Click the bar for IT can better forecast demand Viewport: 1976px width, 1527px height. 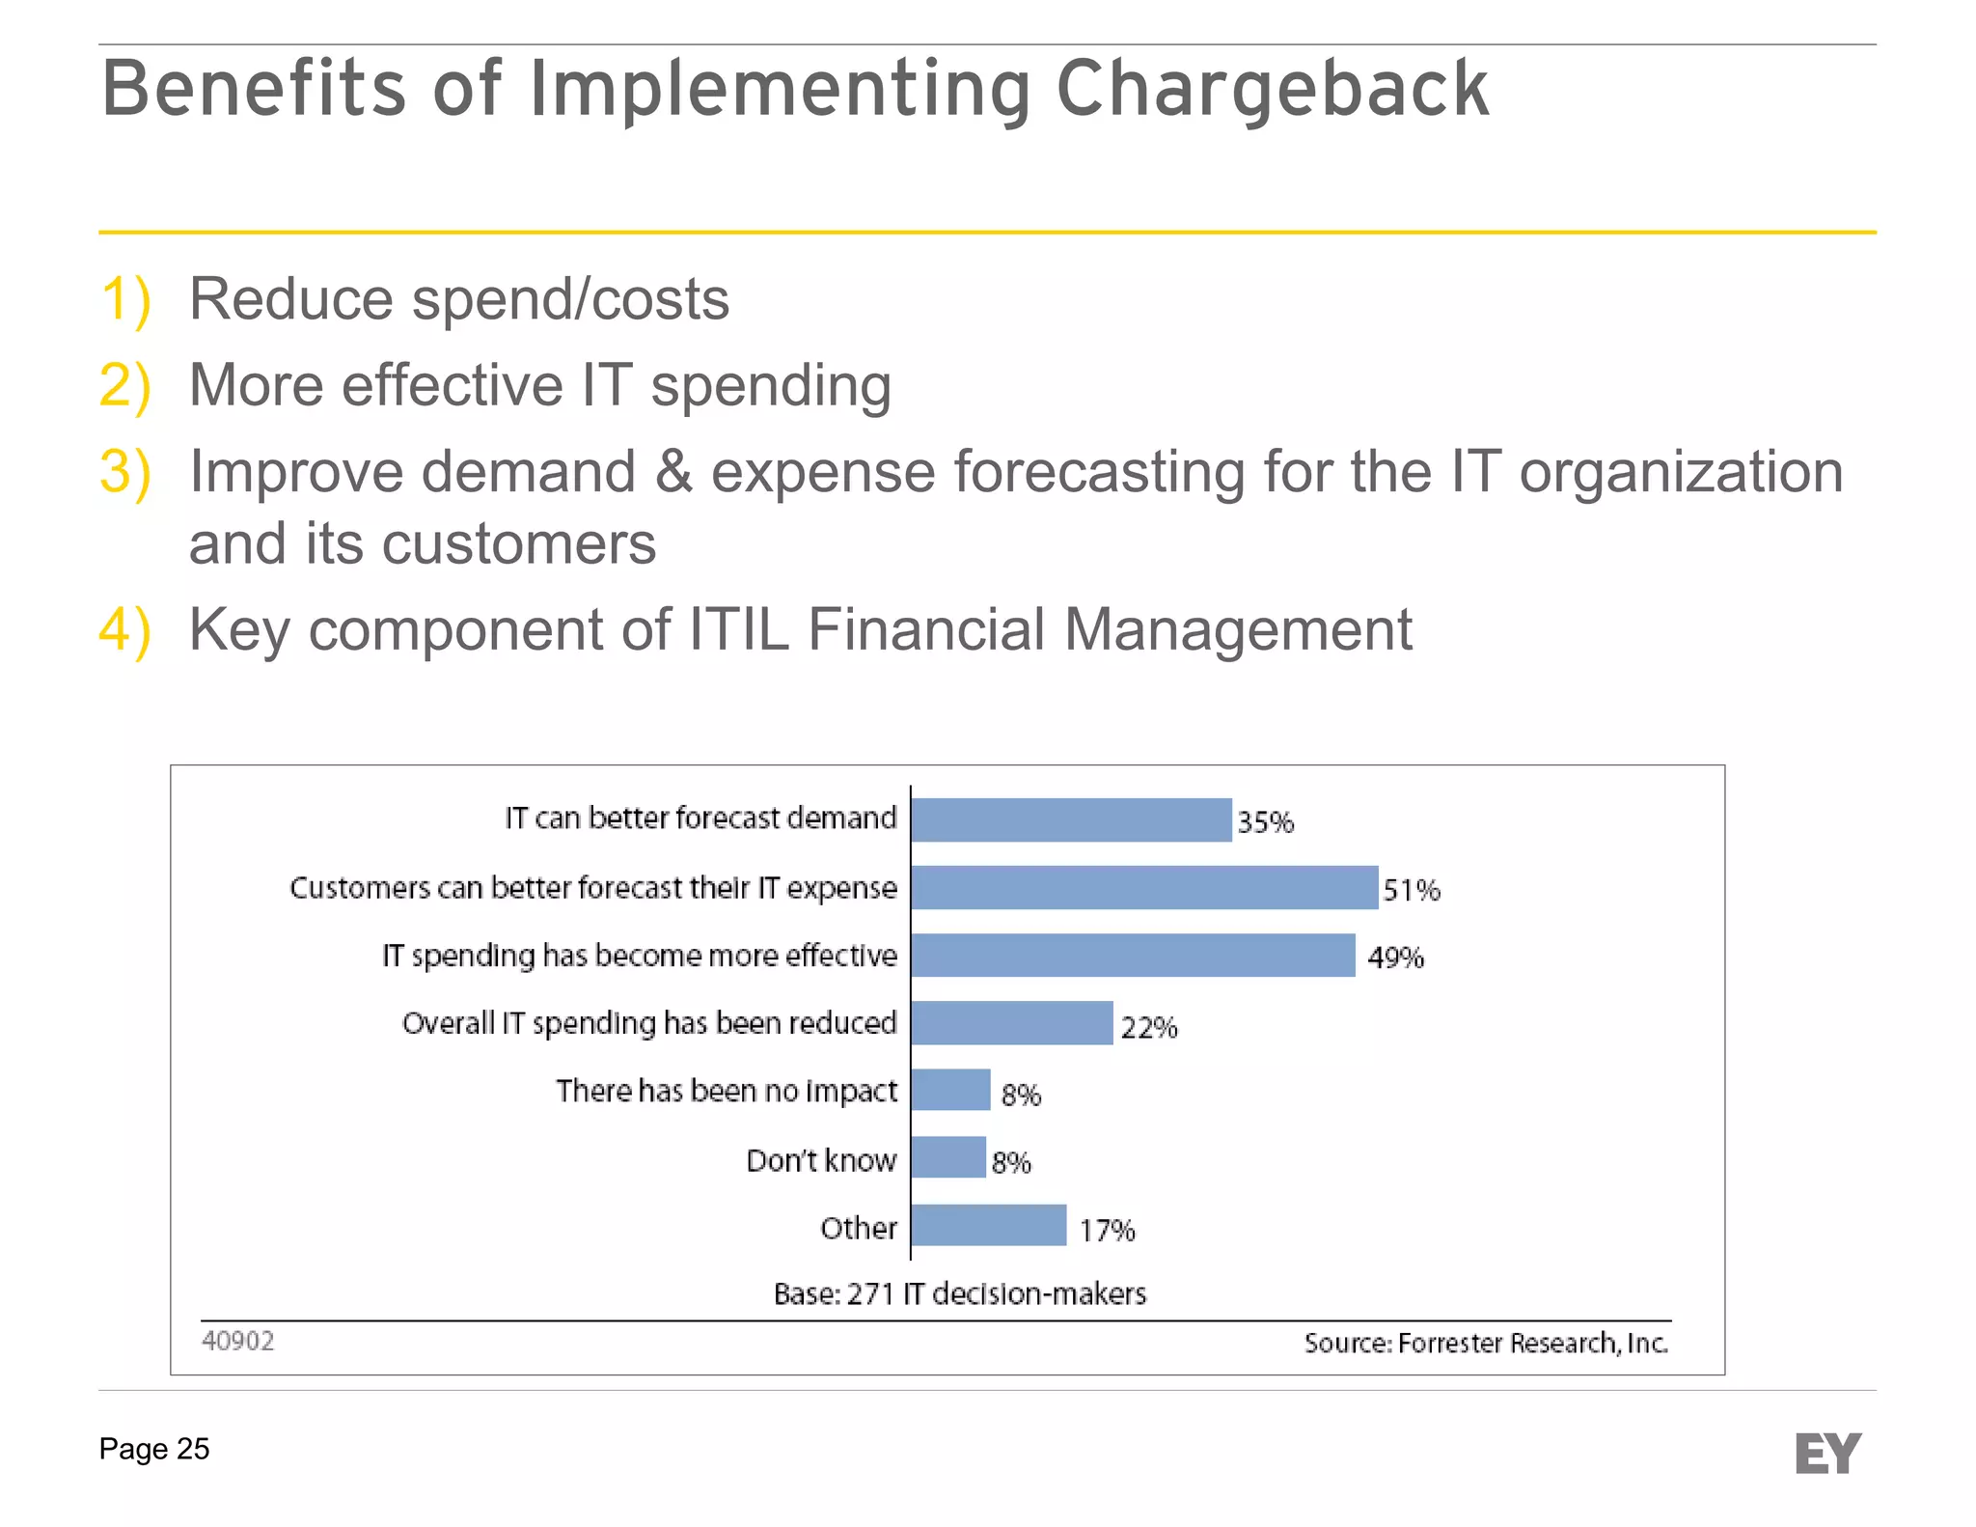[1071, 820]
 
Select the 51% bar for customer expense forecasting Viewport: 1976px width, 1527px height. [1144, 888]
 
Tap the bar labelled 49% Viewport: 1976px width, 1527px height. [1133, 956]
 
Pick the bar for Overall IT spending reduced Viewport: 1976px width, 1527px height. [1011, 1023]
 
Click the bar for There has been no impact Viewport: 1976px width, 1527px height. [950, 1090]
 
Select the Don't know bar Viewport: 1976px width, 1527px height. [948, 1157]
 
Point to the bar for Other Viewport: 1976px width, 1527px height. [989, 1226]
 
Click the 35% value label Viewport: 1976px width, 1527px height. [1265, 822]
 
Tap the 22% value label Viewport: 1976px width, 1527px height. [1148, 1028]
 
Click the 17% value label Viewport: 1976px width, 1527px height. [1107, 1231]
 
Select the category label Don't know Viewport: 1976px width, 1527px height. [821, 1160]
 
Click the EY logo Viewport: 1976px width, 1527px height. [1827, 1454]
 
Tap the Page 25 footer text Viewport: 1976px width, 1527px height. [154, 1449]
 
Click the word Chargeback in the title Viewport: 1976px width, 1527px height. [1273, 89]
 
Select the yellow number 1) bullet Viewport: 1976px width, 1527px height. [125, 299]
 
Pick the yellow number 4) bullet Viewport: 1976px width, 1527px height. [125, 630]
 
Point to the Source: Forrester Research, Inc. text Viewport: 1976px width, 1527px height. [1486, 1344]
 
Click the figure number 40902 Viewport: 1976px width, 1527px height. [238, 1342]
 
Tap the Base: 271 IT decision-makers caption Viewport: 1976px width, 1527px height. [960, 1293]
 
